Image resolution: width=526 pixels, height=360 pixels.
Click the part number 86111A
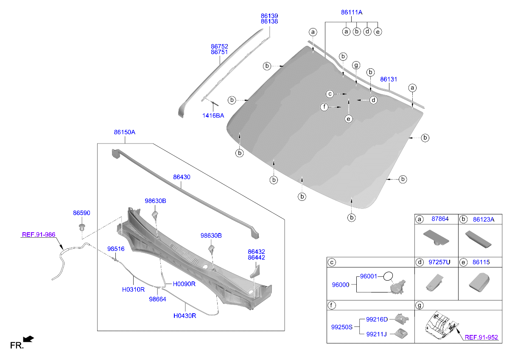tap(352, 12)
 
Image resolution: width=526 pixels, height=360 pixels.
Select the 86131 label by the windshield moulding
tap(389, 79)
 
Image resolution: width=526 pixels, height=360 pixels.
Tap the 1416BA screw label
tap(213, 115)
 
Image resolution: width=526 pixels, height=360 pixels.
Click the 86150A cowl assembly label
tap(125, 132)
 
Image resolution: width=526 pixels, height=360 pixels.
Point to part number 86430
tap(182, 177)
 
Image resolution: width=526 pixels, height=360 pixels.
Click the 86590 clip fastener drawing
tap(82, 227)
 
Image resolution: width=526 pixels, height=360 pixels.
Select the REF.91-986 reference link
tap(39, 234)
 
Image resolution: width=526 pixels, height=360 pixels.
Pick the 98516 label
tap(116, 249)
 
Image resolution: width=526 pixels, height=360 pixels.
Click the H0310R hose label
tap(133, 290)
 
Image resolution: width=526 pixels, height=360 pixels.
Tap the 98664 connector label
tap(157, 299)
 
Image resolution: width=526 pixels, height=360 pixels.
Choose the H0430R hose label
tap(185, 316)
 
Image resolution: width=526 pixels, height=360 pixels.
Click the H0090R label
tap(184, 284)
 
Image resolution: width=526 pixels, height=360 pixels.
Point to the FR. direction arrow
tap(28, 339)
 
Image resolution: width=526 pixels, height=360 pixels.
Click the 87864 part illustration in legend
tap(436, 237)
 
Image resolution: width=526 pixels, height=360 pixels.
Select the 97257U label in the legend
tap(439, 262)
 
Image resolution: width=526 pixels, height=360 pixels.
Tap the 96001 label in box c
tap(369, 276)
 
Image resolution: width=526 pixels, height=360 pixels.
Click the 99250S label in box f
tap(342, 327)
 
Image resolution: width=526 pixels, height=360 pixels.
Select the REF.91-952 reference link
tap(481, 337)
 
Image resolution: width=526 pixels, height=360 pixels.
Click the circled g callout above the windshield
tap(356, 65)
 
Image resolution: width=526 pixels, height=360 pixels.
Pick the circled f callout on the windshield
tap(324, 107)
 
